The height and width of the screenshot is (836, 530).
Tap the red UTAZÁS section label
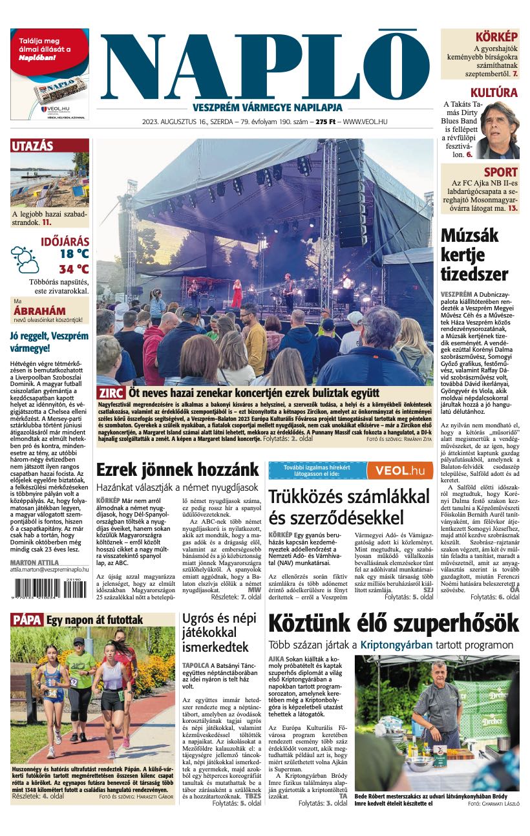[x=32, y=146]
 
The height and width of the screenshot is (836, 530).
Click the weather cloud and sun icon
[x=25, y=259]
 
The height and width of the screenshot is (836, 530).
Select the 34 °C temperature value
[x=74, y=269]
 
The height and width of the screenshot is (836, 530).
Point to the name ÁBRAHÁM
[x=39, y=311]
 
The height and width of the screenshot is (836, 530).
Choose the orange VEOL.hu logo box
[x=400, y=470]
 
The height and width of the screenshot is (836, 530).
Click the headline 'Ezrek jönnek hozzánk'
[x=178, y=469]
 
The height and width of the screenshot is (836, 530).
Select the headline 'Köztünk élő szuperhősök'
[x=393, y=624]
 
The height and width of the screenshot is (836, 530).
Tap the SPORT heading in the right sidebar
[x=501, y=172]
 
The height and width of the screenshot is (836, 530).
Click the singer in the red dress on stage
[x=237, y=294]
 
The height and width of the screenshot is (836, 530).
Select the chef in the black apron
[x=439, y=708]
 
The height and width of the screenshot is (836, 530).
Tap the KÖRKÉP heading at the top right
[x=496, y=37]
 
